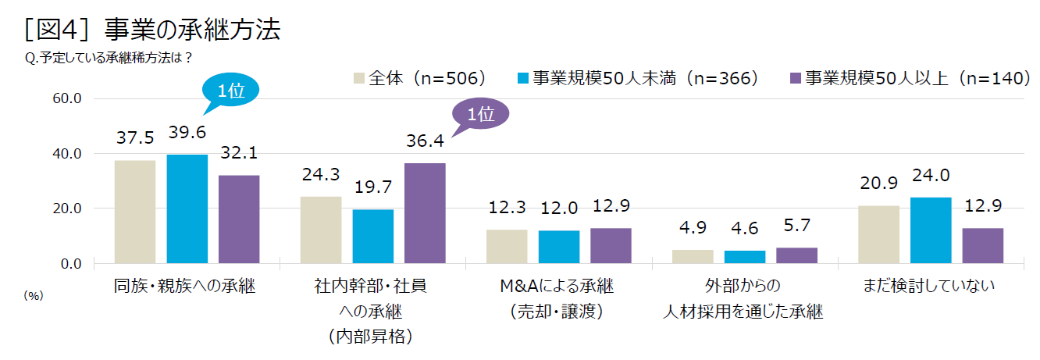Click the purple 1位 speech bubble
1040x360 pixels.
[x=480, y=116]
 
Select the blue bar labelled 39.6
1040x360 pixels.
[x=187, y=209]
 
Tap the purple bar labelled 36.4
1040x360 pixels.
[x=425, y=213]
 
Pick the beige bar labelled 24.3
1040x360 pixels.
[x=321, y=230]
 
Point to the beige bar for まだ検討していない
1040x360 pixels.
[x=878, y=234]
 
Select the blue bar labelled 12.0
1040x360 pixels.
[x=559, y=247]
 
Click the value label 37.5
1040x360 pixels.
[x=134, y=138]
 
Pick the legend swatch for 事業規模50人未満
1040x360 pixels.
[x=523, y=78]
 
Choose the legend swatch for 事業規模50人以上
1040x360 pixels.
[x=796, y=78]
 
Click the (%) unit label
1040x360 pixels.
[x=33, y=294]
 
